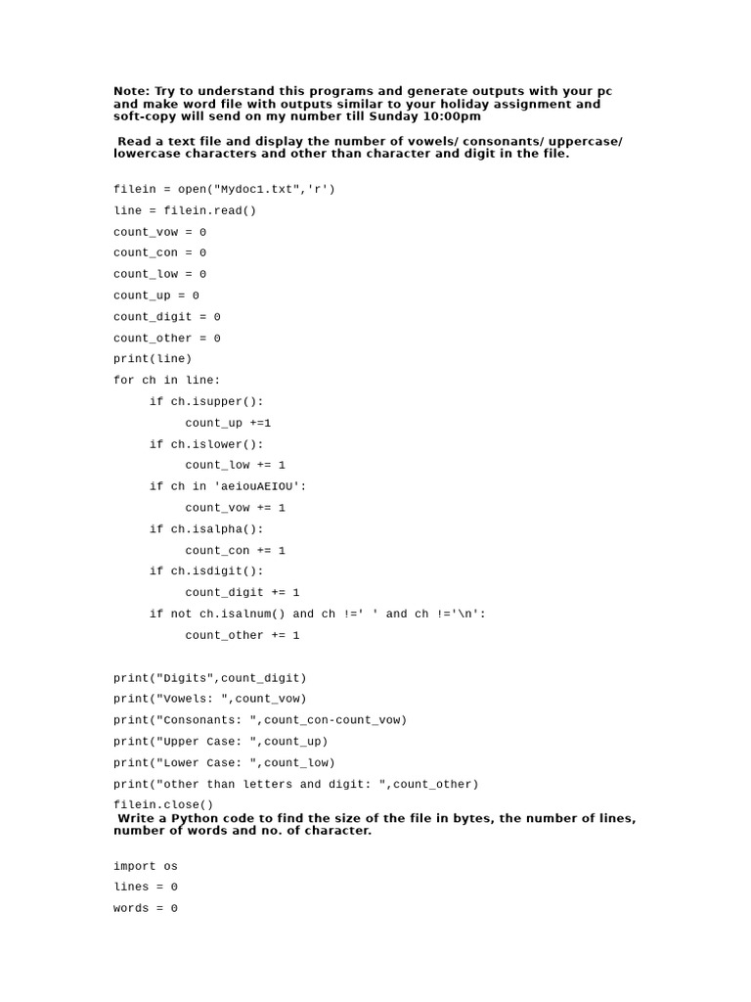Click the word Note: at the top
[x=132, y=91]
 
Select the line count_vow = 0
[x=159, y=232]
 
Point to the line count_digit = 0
[x=166, y=317]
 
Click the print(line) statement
[x=153, y=359]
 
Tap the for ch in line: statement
[x=167, y=380]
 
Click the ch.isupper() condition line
[x=206, y=401]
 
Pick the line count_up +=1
[x=228, y=423]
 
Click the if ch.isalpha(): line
[x=206, y=529]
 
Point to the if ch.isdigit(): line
[x=206, y=571]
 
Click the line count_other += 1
[x=243, y=635]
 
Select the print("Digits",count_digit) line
[x=209, y=678]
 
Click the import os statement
[x=146, y=866]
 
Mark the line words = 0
[x=146, y=908]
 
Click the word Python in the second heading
[x=191, y=818]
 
